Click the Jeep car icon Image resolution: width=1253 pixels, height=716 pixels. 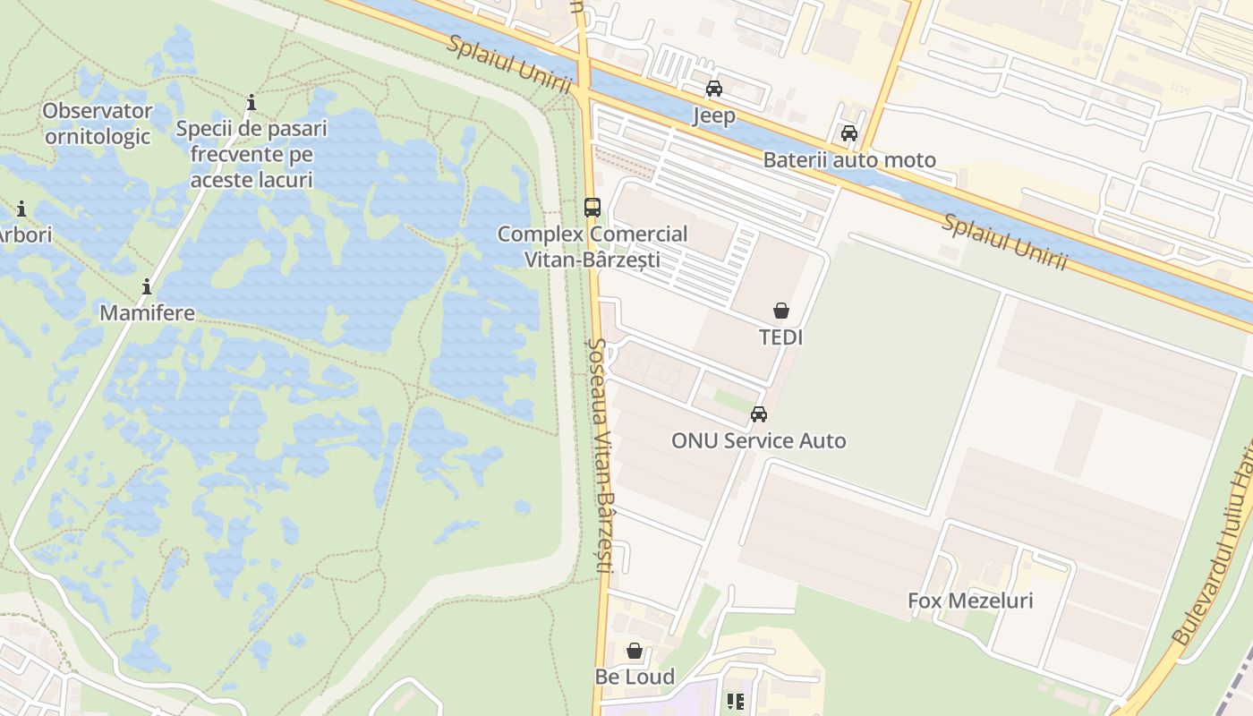(714, 89)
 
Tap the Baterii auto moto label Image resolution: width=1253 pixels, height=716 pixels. (848, 160)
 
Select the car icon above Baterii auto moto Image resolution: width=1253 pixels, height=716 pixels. (848, 134)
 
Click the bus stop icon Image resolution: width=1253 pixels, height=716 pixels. (592, 208)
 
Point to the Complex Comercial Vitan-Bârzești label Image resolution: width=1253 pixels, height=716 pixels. (592, 246)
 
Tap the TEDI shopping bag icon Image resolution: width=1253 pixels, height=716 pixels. (781, 311)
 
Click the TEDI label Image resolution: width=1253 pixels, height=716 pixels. (781, 337)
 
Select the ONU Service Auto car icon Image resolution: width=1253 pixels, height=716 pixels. (759, 414)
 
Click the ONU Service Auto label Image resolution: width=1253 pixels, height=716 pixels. (759, 440)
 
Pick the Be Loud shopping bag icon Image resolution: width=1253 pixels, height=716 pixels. (635, 651)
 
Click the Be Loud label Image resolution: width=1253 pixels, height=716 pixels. (635, 677)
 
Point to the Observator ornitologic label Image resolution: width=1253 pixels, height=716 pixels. (98, 124)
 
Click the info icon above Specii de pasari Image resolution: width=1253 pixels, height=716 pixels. (251, 103)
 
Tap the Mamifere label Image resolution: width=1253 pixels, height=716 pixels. (147, 313)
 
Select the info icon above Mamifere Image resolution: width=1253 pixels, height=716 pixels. (147, 287)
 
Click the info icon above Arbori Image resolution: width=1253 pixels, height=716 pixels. (21, 209)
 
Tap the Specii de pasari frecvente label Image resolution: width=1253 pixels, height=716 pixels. (251, 154)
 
